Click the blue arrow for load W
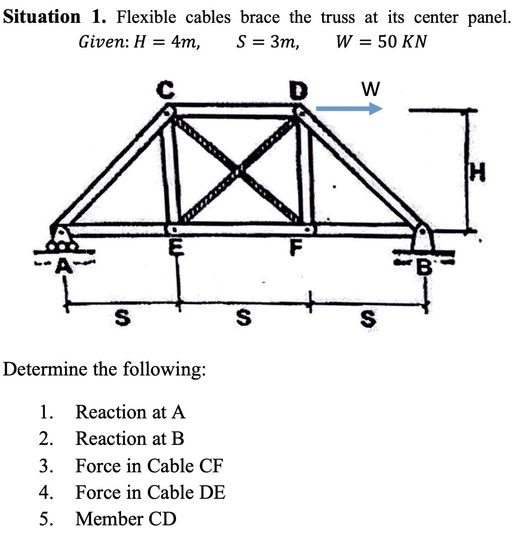tap(349, 109)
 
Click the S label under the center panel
tap(245, 318)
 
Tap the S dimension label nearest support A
tap(121, 318)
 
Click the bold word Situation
tap(42, 17)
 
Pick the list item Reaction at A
tap(130, 412)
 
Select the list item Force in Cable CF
tap(149, 466)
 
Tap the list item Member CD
tap(126, 519)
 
